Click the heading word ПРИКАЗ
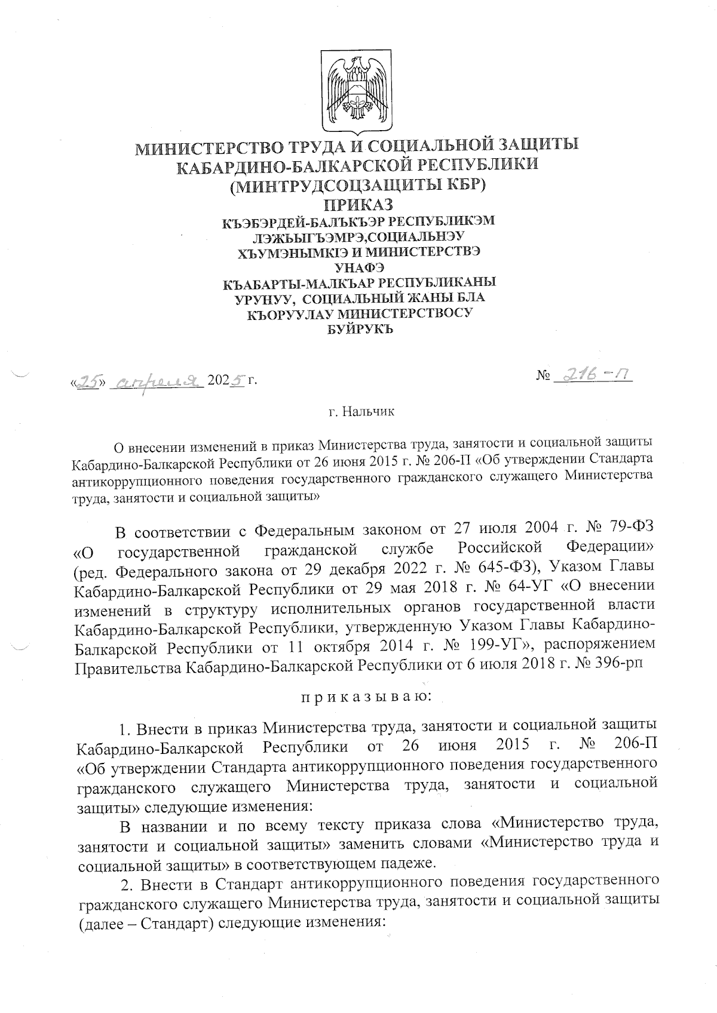point(358,204)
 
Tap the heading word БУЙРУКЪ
point(358,328)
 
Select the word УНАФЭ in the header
point(358,267)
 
